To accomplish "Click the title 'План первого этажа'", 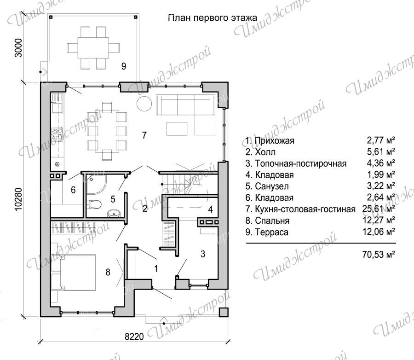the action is coord(213,17).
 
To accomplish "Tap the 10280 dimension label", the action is coord(19,199).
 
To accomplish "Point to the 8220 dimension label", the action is coord(134,337).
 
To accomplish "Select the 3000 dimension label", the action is coord(18,48).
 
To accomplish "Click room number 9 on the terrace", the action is coord(124,66).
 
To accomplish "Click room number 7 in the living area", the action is coord(144,135).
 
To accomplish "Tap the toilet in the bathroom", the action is coord(94,204).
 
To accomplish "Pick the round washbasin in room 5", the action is coord(114,213).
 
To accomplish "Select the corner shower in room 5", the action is coord(96,184).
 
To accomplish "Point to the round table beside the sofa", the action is coord(144,103).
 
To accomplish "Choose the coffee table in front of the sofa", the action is coord(177,128).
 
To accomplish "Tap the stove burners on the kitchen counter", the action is coord(57,134).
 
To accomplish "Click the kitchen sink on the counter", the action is coord(57,108).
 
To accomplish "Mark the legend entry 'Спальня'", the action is coord(272,221).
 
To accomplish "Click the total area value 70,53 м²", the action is coord(379,254).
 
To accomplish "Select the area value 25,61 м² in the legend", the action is coord(379,209).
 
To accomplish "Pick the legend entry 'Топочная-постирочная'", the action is coord(301,163).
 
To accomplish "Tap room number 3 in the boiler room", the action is coord(203,254).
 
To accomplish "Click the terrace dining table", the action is coord(93,48).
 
